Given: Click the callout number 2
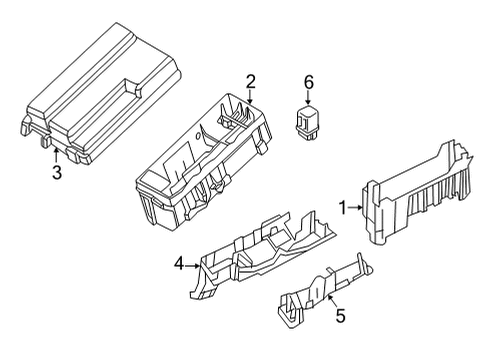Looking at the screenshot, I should click(x=251, y=82).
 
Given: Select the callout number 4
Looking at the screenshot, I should click(x=179, y=264).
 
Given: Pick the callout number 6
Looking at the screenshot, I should click(x=309, y=83).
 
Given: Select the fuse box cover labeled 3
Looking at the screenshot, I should click(x=100, y=95).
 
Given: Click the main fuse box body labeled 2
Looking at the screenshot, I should click(x=205, y=160).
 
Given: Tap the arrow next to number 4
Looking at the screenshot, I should click(x=192, y=264).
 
